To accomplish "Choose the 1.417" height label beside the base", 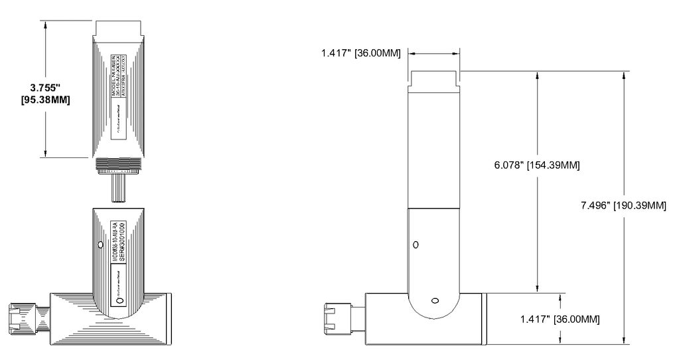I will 560,319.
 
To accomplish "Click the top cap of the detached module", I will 119,29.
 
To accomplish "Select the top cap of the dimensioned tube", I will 434,79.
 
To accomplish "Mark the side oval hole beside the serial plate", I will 101,245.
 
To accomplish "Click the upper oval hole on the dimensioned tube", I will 415,244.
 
